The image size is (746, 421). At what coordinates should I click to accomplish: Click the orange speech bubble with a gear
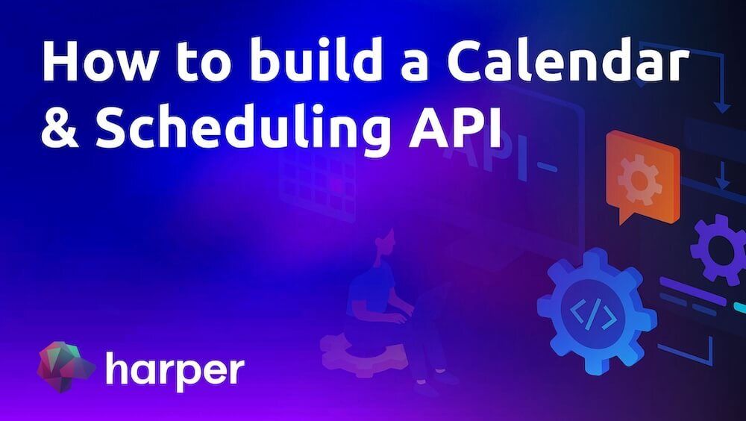tap(642, 176)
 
